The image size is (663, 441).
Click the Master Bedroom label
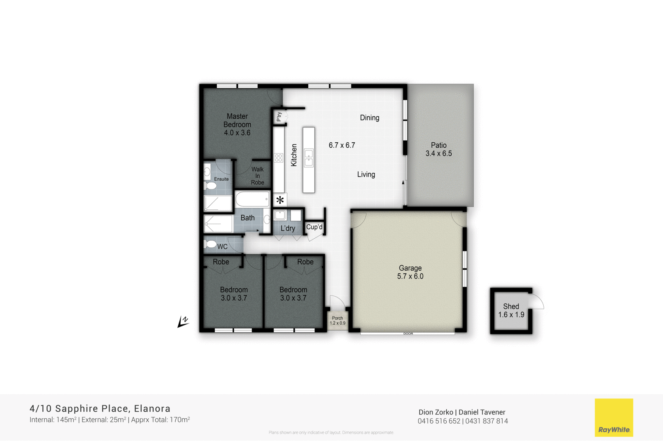tap(237, 124)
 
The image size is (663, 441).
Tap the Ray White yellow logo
tap(614, 417)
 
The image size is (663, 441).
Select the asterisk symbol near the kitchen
tap(280, 200)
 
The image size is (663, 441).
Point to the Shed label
tap(511, 310)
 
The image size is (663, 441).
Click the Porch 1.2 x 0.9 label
tap(337, 321)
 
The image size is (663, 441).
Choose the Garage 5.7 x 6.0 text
tap(410, 272)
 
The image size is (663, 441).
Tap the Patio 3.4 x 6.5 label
tap(438, 149)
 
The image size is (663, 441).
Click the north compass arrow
tap(183, 322)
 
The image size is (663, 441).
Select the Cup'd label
tap(314, 227)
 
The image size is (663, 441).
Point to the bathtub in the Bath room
tap(252, 199)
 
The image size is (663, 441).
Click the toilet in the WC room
tap(211, 244)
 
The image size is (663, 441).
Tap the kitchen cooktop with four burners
tap(278, 158)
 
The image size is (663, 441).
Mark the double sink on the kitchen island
tap(309, 158)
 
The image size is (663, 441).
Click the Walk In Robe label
tap(257, 176)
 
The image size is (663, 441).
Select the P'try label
tap(279, 117)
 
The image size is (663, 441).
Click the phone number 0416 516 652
tap(439, 421)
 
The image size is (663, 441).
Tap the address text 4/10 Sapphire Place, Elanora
tap(100, 409)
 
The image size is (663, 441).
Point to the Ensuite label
tap(221, 179)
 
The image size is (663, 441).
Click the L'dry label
tap(288, 228)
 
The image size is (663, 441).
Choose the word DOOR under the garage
tap(408, 333)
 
